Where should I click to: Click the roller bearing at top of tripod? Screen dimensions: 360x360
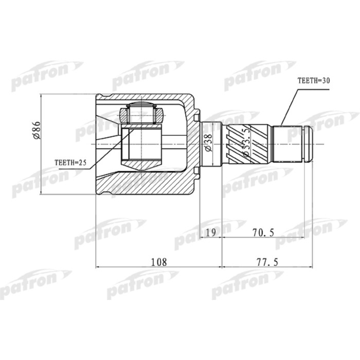140,114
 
